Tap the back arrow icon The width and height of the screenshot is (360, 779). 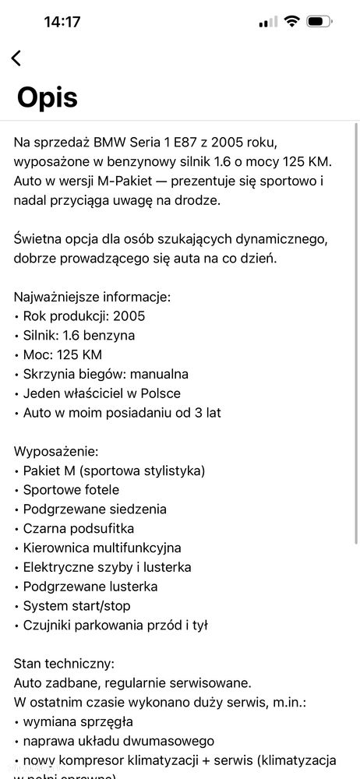coord(16,58)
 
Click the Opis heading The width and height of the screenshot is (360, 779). coord(47,97)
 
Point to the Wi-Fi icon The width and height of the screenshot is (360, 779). coord(292,22)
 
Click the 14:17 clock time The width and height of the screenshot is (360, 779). coord(62,22)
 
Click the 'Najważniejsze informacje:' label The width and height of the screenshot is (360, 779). coord(92,297)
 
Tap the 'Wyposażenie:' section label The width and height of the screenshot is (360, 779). coord(56,451)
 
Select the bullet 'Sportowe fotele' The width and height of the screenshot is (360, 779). coord(71,490)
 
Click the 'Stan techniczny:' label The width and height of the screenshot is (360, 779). coord(64,664)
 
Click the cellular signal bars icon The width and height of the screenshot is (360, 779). coord(267,22)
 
